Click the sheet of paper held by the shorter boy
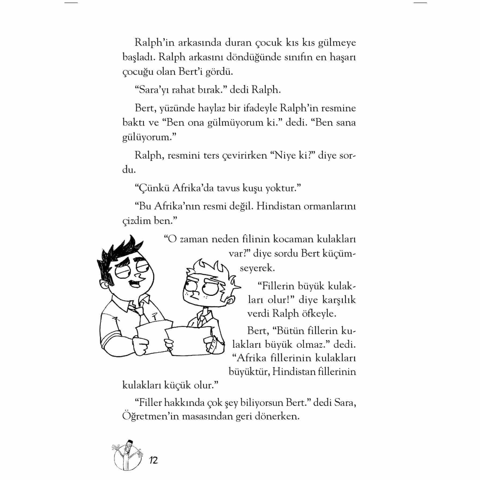coord(188,341)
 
